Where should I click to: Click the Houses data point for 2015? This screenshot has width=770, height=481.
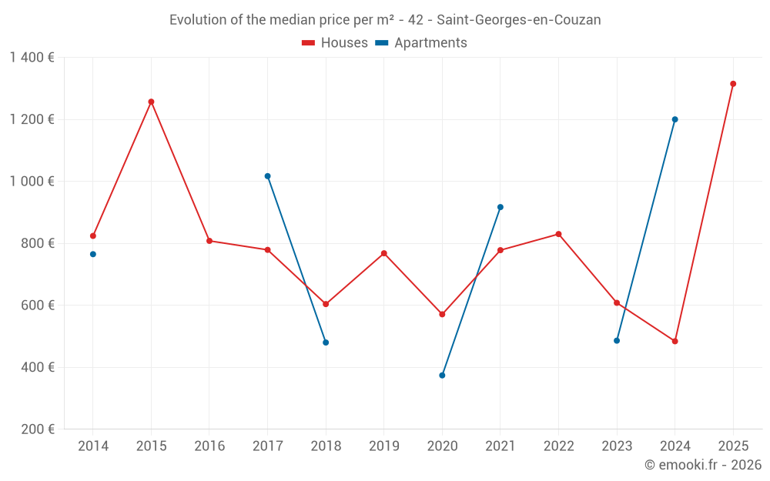pos(151,102)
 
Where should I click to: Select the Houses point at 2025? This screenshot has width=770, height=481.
pos(733,84)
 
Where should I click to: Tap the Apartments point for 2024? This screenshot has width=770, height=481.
pos(675,119)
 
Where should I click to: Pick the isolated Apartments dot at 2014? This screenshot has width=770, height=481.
pos(93,254)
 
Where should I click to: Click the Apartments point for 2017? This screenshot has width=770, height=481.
pos(268,176)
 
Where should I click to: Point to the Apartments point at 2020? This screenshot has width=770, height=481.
pos(442,376)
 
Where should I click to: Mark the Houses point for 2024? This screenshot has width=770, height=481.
pos(675,341)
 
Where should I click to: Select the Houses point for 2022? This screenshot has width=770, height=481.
pos(558,234)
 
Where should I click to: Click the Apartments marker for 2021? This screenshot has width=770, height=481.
pos(500,207)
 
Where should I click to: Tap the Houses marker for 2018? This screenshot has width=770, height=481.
pos(326,304)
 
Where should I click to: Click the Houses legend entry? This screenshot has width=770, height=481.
pos(335,43)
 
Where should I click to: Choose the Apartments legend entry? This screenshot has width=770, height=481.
pos(421,43)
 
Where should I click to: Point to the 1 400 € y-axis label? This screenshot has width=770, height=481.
pos(32,58)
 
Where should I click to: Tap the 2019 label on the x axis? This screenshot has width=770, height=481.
pos(384,446)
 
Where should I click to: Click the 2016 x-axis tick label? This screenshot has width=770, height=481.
pos(209,446)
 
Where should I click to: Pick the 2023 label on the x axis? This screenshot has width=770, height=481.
pos(617,446)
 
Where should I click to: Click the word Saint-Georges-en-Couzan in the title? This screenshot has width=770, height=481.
pos(518,20)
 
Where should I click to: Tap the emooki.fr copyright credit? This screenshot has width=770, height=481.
pos(703,465)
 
